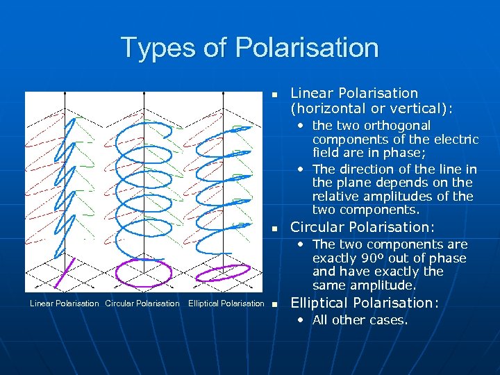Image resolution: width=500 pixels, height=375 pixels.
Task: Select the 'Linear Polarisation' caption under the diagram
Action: point(64,303)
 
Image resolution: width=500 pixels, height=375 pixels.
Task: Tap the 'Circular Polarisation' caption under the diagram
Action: point(142,303)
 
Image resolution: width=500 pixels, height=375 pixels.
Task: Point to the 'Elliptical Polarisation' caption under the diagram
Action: point(226,303)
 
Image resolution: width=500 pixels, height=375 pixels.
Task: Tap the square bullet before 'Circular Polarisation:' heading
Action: point(274,228)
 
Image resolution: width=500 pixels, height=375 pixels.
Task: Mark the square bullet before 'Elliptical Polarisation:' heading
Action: point(274,304)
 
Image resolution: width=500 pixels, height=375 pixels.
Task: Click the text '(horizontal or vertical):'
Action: point(371,108)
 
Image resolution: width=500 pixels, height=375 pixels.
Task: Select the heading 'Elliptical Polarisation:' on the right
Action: point(365,303)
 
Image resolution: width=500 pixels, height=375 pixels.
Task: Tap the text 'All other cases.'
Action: point(360,320)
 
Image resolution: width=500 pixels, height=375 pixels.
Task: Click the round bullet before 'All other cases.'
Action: point(301,320)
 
